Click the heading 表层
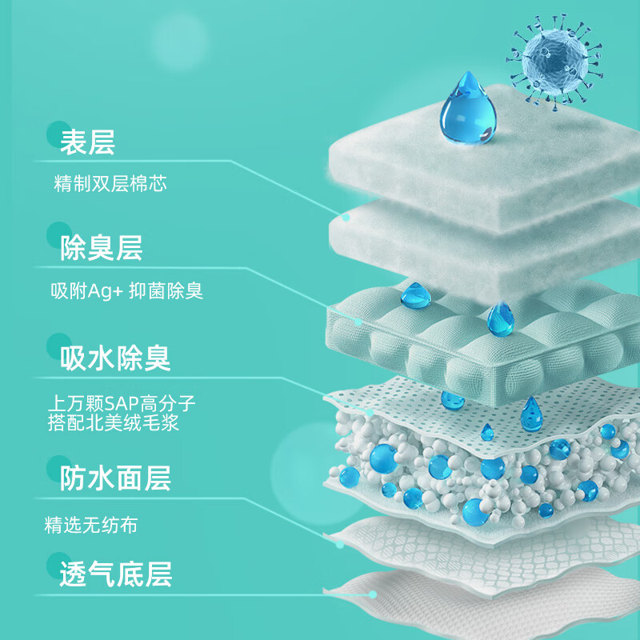tap(88, 142)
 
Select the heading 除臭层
tap(102, 248)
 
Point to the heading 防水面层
tap(115, 478)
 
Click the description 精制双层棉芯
tap(110, 184)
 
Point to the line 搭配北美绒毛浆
tap(114, 423)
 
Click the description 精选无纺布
tap(91, 526)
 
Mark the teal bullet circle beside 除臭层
tap(58, 239)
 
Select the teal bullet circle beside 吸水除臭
tap(58, 346)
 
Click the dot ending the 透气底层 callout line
tap(373, 594)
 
